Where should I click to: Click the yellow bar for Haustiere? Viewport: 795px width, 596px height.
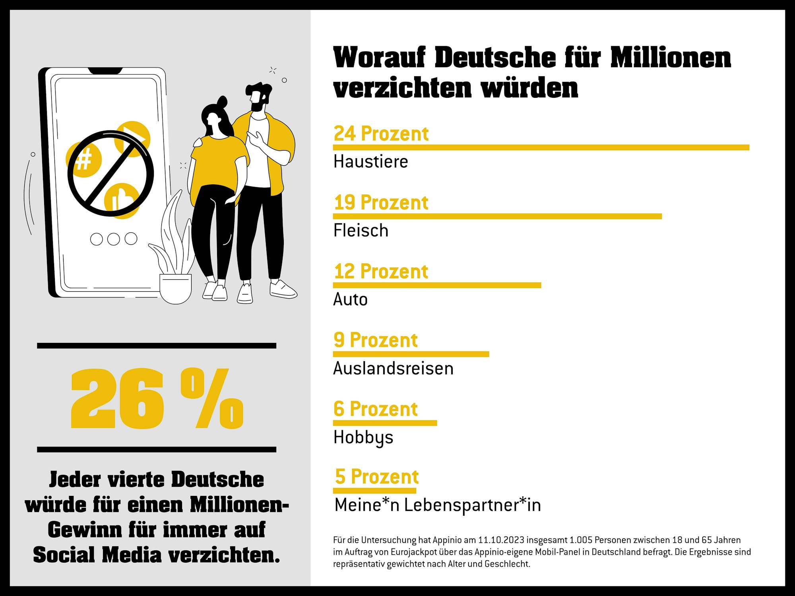click(541, 147)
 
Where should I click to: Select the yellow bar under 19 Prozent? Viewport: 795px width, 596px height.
click(497, 216)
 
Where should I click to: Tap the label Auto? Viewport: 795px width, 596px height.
click(350, 300)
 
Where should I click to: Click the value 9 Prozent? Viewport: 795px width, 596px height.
click(376, 340)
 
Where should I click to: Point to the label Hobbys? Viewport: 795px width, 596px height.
click(363, 437)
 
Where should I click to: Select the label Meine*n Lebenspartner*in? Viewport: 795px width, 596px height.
click(437, 505)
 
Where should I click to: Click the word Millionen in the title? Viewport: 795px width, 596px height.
click(670, 58)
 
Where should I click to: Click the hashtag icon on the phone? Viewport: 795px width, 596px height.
click(83, 159)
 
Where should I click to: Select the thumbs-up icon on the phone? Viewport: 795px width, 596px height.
click(121, 200)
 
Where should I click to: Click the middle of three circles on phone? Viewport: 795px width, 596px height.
click(114, 239)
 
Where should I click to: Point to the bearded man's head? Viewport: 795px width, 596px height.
click(258, 95)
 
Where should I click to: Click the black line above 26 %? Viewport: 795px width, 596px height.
click(157, 346)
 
